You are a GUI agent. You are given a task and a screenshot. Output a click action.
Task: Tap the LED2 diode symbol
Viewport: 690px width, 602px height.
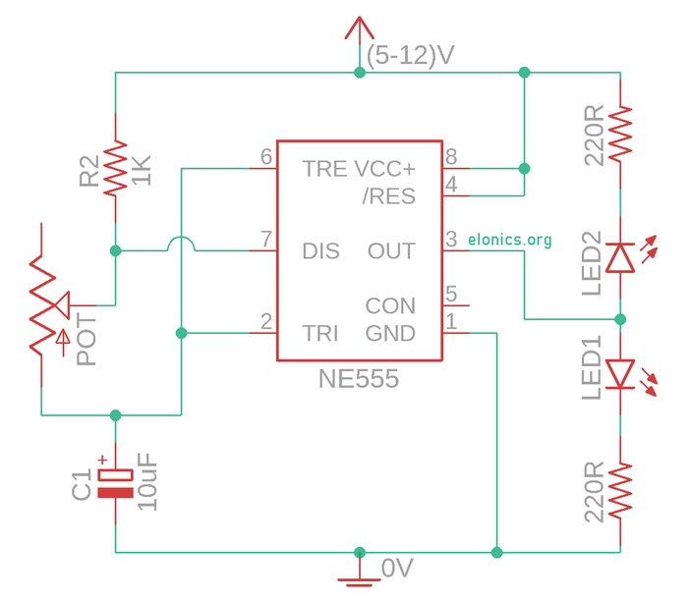click(620, 257)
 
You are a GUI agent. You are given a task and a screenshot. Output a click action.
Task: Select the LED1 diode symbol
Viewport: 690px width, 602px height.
click(620, 373)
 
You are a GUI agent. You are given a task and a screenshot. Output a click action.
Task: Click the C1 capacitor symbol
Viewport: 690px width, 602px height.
click(115, 482)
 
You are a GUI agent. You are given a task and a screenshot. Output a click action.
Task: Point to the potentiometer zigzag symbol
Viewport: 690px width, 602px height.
click(41, 306)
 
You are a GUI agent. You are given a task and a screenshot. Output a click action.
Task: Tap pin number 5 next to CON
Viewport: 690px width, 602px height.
click(451, 294)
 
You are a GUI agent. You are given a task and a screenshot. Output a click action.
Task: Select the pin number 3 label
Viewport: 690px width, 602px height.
click(451, 239)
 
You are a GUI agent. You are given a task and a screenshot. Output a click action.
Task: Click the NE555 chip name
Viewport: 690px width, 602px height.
click(359, 379)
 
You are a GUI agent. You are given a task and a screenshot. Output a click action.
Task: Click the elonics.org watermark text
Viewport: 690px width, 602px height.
click(510, 240)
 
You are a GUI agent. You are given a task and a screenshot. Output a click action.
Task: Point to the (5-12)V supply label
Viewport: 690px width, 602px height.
click(410, 56)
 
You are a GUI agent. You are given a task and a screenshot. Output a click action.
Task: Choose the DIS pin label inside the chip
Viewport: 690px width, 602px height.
click(321, 251)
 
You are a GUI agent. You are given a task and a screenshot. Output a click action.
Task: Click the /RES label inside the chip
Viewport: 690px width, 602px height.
click(388, 196)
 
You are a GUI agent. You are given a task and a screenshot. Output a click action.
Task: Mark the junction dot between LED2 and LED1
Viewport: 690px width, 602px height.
click(620, 318)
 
